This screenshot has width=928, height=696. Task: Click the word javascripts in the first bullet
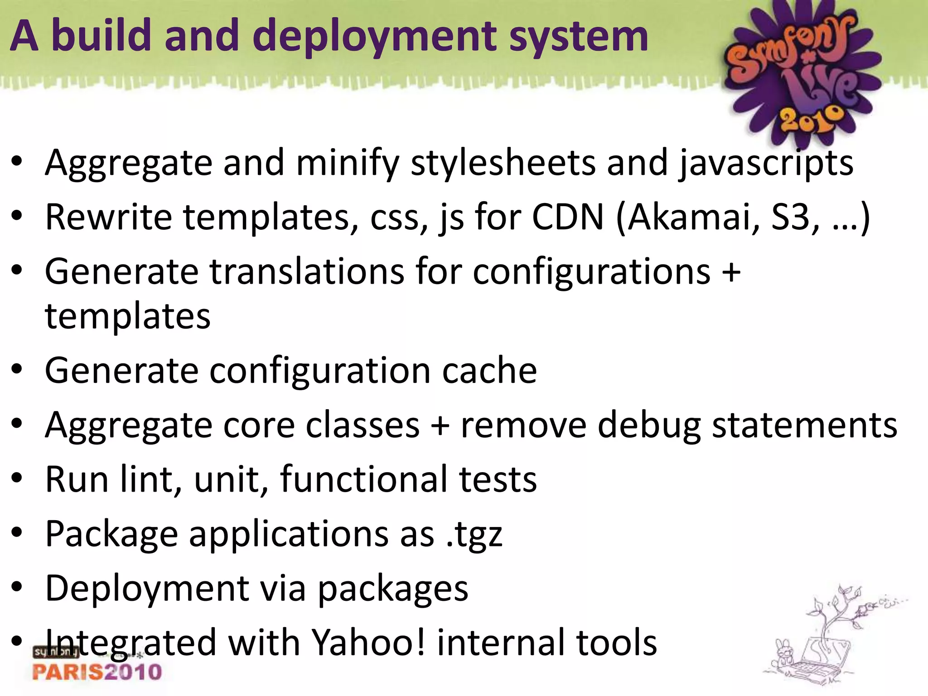tap(766, 163)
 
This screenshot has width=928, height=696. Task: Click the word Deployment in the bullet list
tap(147, 588)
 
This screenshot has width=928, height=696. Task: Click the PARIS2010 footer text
tap(97, 672)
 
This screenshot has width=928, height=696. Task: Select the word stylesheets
tap(503, 163)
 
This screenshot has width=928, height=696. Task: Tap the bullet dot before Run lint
tap(17, 479)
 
